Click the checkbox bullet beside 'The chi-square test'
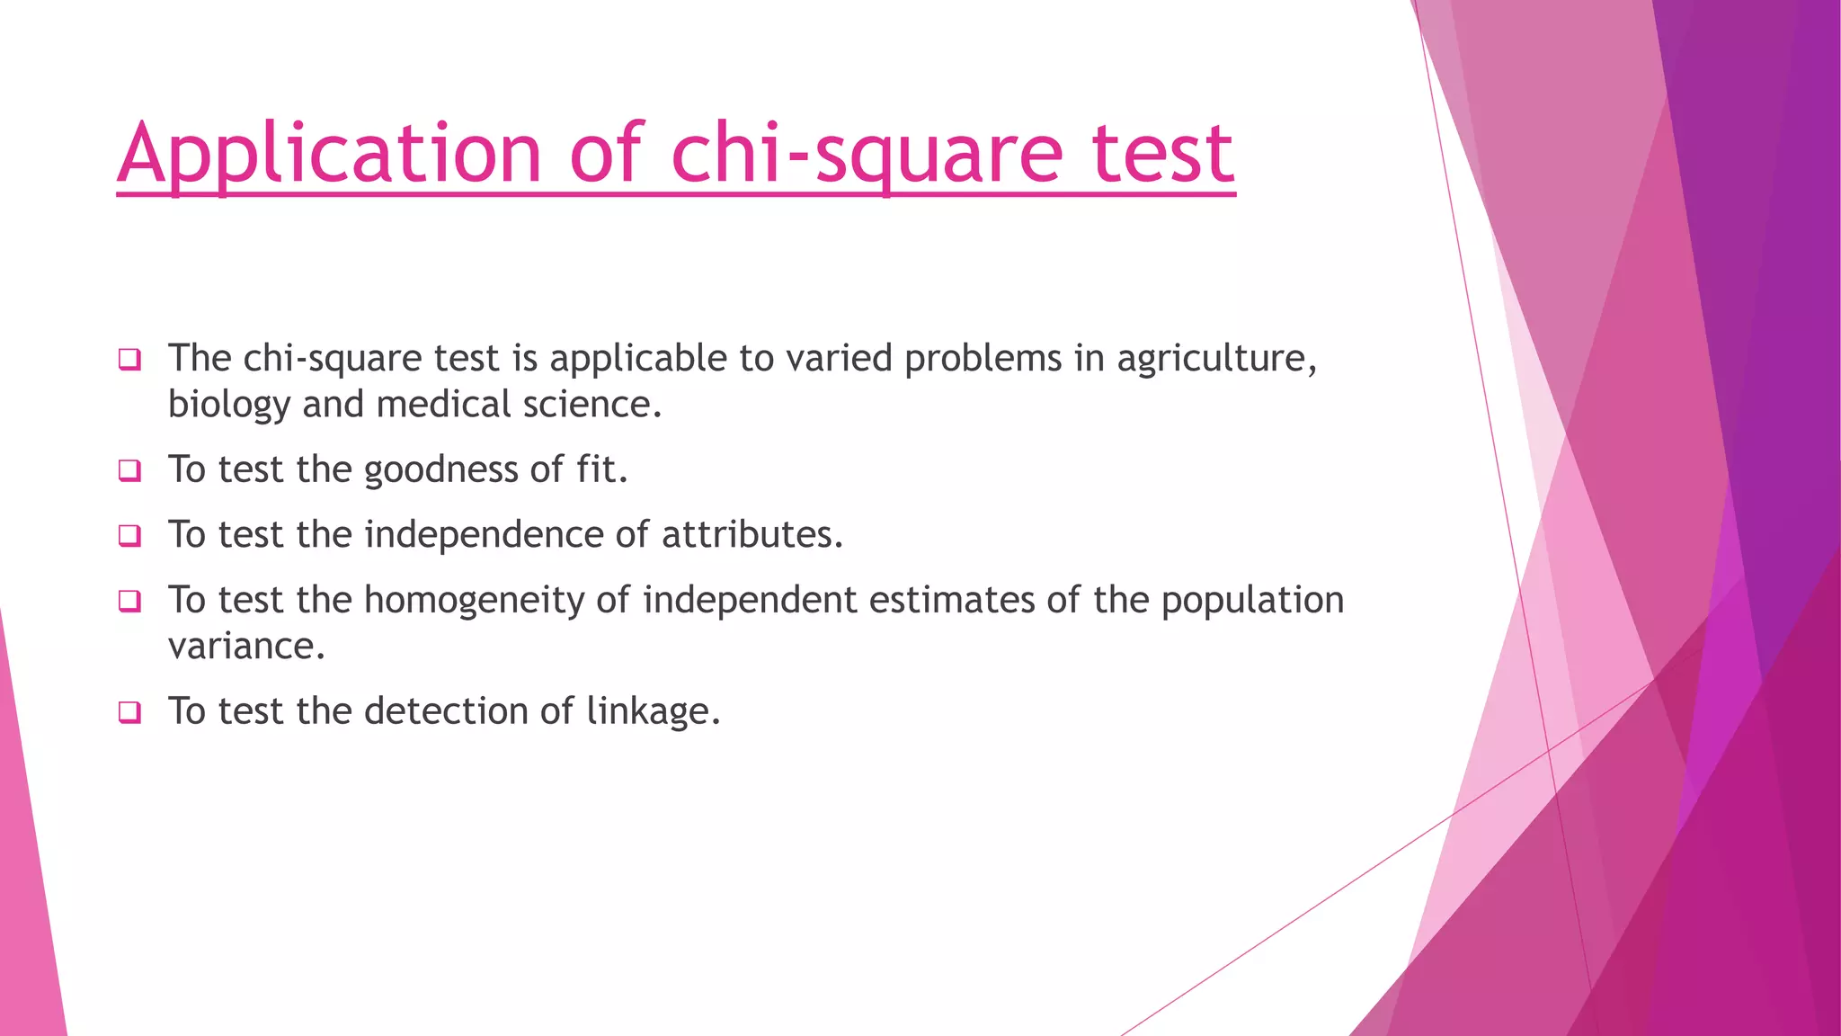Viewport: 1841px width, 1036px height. tap(129, 361)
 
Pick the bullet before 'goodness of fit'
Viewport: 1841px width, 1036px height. tap(129, 471)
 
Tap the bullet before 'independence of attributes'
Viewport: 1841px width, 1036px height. tap(129, 537)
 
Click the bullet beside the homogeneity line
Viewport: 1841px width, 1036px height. tap(129, 602)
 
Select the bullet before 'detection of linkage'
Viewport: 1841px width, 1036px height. tap(129, 713)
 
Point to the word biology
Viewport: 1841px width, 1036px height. tap(229, 406)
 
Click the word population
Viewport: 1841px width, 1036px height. tap(1252, 601)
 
